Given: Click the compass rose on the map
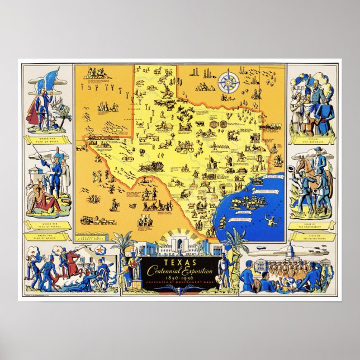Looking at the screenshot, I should [227, 83].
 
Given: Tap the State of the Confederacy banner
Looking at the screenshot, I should [313, 224].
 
